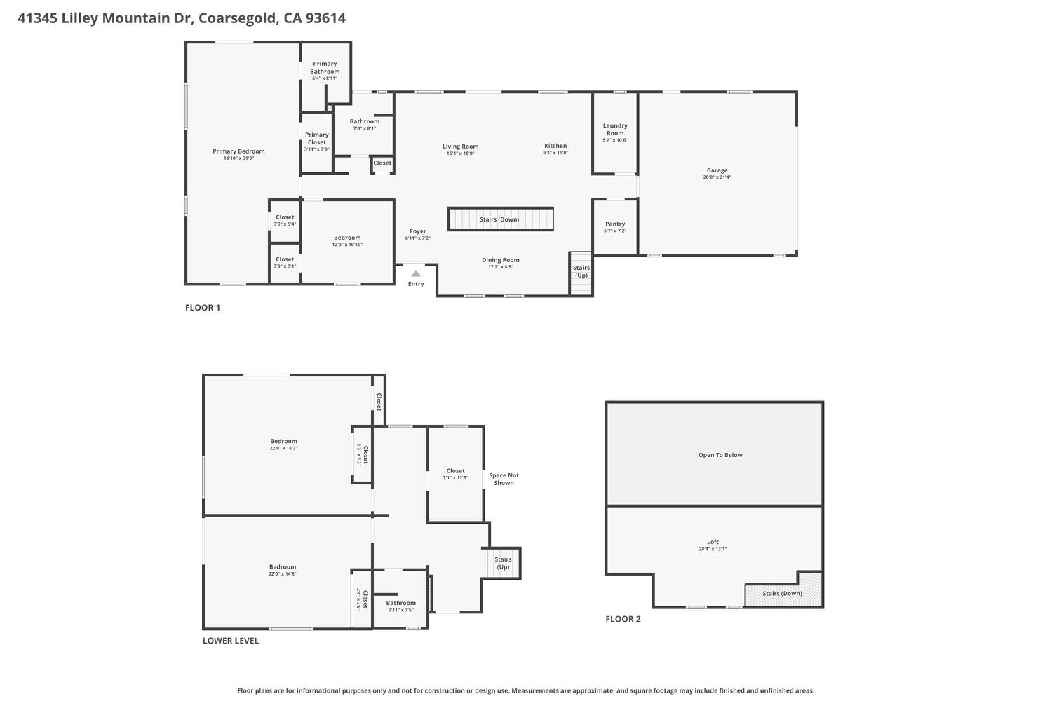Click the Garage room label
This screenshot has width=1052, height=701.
(x=717, y=170)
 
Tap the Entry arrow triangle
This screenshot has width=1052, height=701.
(x=416, y=273)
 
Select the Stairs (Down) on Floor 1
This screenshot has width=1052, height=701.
(x=500, y=219)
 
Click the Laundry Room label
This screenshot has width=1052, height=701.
(x=615, y=129)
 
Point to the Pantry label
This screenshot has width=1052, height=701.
(x=615, y=224)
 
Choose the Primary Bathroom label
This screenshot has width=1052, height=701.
(x=325, y=67)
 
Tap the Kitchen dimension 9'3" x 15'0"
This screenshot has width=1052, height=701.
(x=555, y=153)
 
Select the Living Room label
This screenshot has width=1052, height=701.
(x=460, y=147)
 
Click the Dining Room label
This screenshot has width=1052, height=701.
(x=501, y=260)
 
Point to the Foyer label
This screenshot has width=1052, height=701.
(x=418, y=231)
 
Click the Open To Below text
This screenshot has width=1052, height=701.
(x=720, y=455)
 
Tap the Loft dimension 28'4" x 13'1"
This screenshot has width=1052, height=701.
(x=713, y=549)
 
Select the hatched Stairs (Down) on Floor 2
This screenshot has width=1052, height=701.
(x=782, y=594)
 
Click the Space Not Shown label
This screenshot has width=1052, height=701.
(x=504, y=479)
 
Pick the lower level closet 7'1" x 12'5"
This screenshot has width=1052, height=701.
(x=455, y=474)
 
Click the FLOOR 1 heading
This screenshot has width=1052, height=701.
(x=203, y=308)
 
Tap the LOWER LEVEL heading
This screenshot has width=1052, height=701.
(x=231, y=641)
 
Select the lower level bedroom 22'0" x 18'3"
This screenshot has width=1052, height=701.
(x=283, y=444)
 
